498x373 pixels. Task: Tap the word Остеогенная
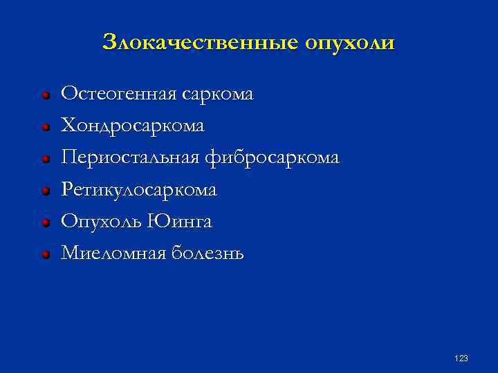tap(120, 93)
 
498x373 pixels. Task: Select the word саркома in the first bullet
tap(218, 93)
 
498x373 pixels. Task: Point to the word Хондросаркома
tap(133, 126)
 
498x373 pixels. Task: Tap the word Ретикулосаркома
tap(139, 189)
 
